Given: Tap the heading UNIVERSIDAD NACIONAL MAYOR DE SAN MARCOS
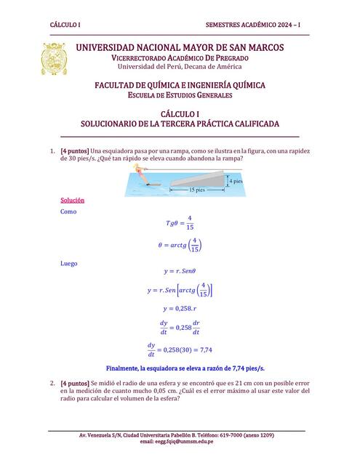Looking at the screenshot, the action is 180,47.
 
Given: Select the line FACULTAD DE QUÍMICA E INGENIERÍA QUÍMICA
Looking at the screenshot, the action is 180,85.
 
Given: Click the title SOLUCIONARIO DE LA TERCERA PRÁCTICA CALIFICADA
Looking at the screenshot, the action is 180,124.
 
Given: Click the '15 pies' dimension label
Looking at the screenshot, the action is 197,190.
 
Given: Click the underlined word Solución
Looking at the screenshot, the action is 73,200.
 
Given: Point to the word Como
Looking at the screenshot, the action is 68,211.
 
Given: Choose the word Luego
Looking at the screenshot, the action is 69,264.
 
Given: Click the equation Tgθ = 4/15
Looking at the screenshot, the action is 179,223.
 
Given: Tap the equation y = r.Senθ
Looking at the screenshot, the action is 179,271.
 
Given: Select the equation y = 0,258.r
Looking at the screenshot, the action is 179,309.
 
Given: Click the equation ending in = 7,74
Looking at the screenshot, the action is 179,349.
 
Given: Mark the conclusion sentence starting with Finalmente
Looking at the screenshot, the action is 185,368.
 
